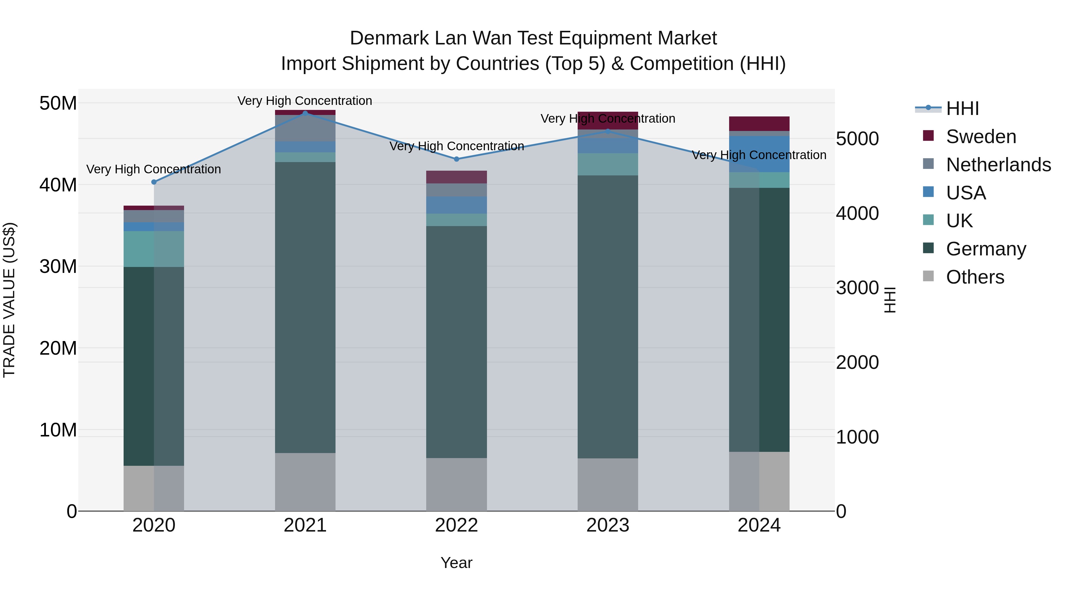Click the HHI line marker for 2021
[x=305, y=113]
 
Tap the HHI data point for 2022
[x=456, y=159]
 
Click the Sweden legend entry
[x=980, y=137]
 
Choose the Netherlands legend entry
[x=998, y=165]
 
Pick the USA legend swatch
[x=928, y=192]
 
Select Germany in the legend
[x=985, y=249]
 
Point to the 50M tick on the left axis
[x=58, y=103]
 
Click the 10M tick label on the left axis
[x=58, y=430]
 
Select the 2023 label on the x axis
[x=607, y=525]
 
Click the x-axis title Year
[x=456, y=563]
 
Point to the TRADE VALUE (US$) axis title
[x=9, y=300]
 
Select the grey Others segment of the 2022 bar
[x=456, y=484]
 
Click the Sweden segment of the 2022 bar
[x=456, y=177]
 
